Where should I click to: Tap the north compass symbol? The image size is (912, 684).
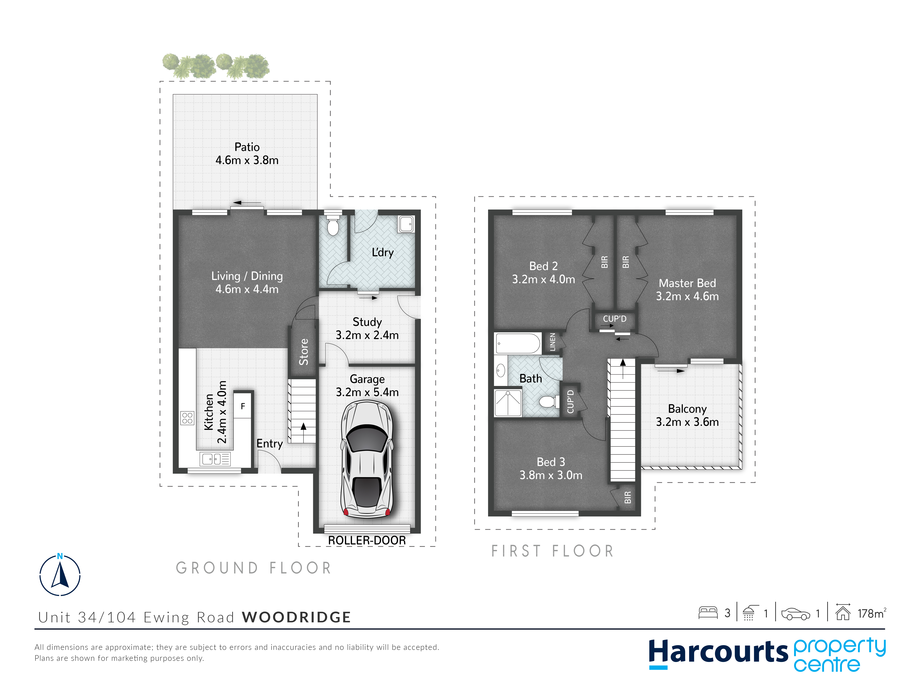60,574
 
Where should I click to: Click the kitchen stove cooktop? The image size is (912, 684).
187,418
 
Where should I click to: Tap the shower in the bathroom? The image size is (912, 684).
508,403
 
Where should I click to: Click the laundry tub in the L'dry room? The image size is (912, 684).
406,224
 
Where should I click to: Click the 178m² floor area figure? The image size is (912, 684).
872,613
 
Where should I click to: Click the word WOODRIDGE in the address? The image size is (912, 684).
296,617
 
